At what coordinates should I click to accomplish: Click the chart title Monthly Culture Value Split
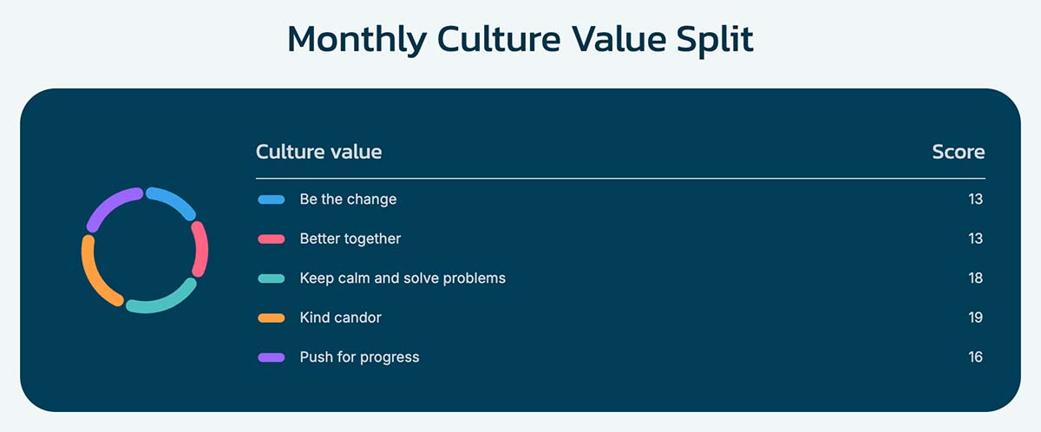pos(520,40)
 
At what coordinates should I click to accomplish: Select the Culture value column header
pos(319,152)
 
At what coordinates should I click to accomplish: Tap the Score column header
pos(959,152)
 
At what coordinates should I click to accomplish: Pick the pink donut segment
pos(201,248)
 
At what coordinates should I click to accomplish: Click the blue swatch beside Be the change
pos(272,200)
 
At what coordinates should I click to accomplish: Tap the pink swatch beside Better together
pos(272,239)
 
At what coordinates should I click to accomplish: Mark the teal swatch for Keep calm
pos(272,278)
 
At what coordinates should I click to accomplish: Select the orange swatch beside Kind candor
pos(272,318)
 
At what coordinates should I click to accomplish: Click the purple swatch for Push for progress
pos(272,357)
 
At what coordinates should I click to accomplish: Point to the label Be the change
pos(348,200)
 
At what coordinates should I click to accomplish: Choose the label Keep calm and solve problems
pos(403,278)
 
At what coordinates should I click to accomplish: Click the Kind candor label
pos(341,317)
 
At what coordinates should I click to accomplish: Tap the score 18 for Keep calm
pos(975,278)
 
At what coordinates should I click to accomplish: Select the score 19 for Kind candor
pos(975,317)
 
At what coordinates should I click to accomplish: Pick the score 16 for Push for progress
pos(975,357)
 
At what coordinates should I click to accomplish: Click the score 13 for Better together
pos(975,239)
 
